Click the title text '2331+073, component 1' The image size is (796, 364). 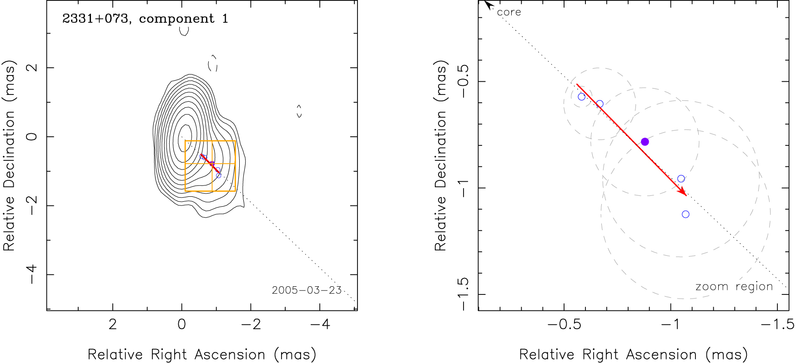[x=145, y=19]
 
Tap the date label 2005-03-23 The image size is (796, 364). [x=307, y=290]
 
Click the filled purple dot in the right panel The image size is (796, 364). [x=645, y=142]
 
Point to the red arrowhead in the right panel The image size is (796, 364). [x=683, y=193]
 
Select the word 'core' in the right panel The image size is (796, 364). [x=509, y=12]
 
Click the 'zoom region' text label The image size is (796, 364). [x=734, y=287]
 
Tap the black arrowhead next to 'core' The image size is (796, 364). [x=488, y=4]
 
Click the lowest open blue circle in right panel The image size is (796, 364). [x=685, y=214]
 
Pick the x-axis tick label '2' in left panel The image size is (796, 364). [x=113, y=324]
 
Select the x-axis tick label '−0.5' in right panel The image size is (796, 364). [x=564, y=324]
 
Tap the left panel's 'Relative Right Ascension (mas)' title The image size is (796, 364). [x=202, y=354]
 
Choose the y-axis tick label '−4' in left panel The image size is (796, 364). [x=31, y=274]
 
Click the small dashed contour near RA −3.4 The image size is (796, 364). [x=299, y=111]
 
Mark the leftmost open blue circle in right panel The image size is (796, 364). [x=581, y=97]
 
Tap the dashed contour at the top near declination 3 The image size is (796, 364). [x=184, y=31]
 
